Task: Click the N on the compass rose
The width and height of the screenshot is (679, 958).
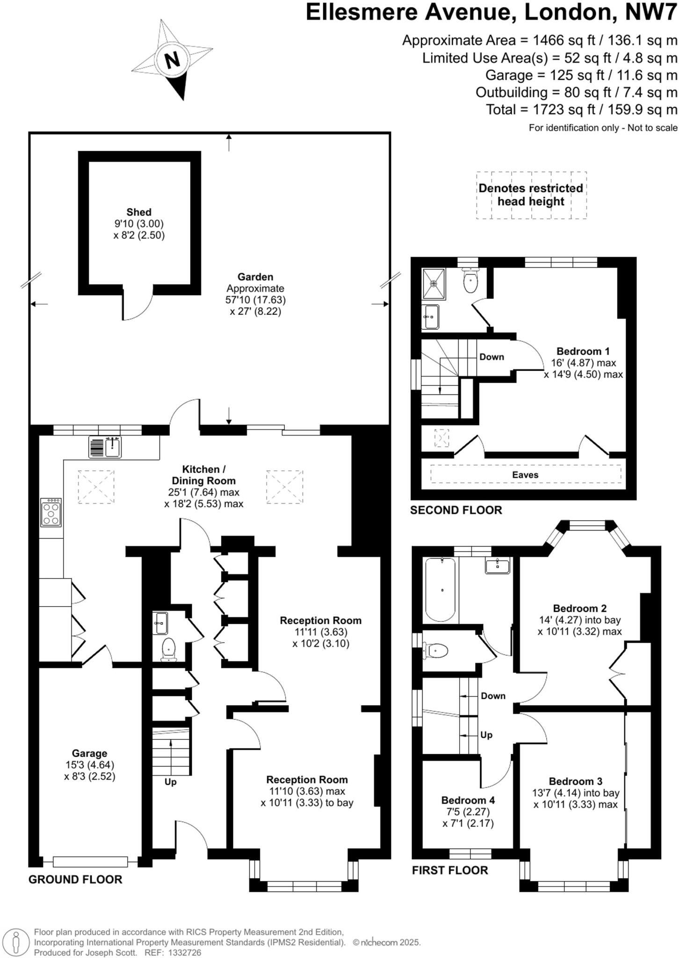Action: tap(172, 60)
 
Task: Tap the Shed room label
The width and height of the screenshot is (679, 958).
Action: tap(139, 212)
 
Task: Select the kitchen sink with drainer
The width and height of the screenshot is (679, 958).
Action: tap(105, 446)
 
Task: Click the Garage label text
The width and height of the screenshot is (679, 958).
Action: tap(89, 753)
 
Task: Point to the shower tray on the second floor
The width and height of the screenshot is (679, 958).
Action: tap(434, 283)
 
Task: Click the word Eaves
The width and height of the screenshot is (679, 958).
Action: tap(525, 475)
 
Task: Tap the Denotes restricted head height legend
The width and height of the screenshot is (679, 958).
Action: tap(531, 195)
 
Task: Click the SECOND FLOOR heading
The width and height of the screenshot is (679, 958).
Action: tap(456, 510)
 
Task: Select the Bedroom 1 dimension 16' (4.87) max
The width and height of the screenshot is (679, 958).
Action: tap(583, 363)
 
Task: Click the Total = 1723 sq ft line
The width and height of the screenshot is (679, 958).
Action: tap(581, 110)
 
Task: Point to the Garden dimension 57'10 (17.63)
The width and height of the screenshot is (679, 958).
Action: tap(255, 300)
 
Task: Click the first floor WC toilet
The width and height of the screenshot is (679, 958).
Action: tap(438, 650)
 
